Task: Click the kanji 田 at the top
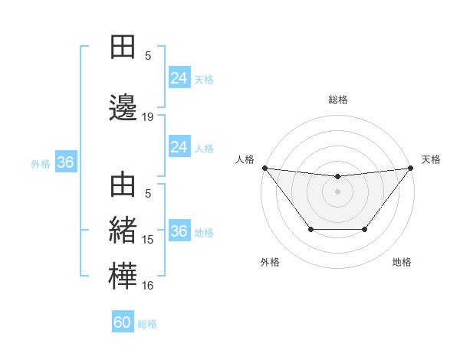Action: [x=123, y=47]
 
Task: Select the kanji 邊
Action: [x=123, y=107]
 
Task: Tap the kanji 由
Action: [x=123, y=186]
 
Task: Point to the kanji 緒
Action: [x=123, y=231]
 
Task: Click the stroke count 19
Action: [x=148, y=117]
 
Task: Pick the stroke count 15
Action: [x=148, y=240]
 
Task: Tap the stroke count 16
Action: [x=148, y=286]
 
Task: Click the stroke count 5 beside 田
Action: [x=148, y=55]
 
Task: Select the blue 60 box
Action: [x=123, y=322]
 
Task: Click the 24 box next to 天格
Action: [x=179, y=78]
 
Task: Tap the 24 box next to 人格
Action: [x=179, y=147]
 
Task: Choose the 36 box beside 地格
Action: [x=179, y=231]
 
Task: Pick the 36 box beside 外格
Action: [x=65, y=162]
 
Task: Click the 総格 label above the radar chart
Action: [x=337, y=100]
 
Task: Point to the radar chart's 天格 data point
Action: [x=410, y=168]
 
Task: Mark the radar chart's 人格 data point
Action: [x=264, y=168]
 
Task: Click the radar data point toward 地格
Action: [x=365, y=229]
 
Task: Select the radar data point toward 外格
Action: [x=310, y=229]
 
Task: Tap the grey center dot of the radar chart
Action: [x=337, y=191]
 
